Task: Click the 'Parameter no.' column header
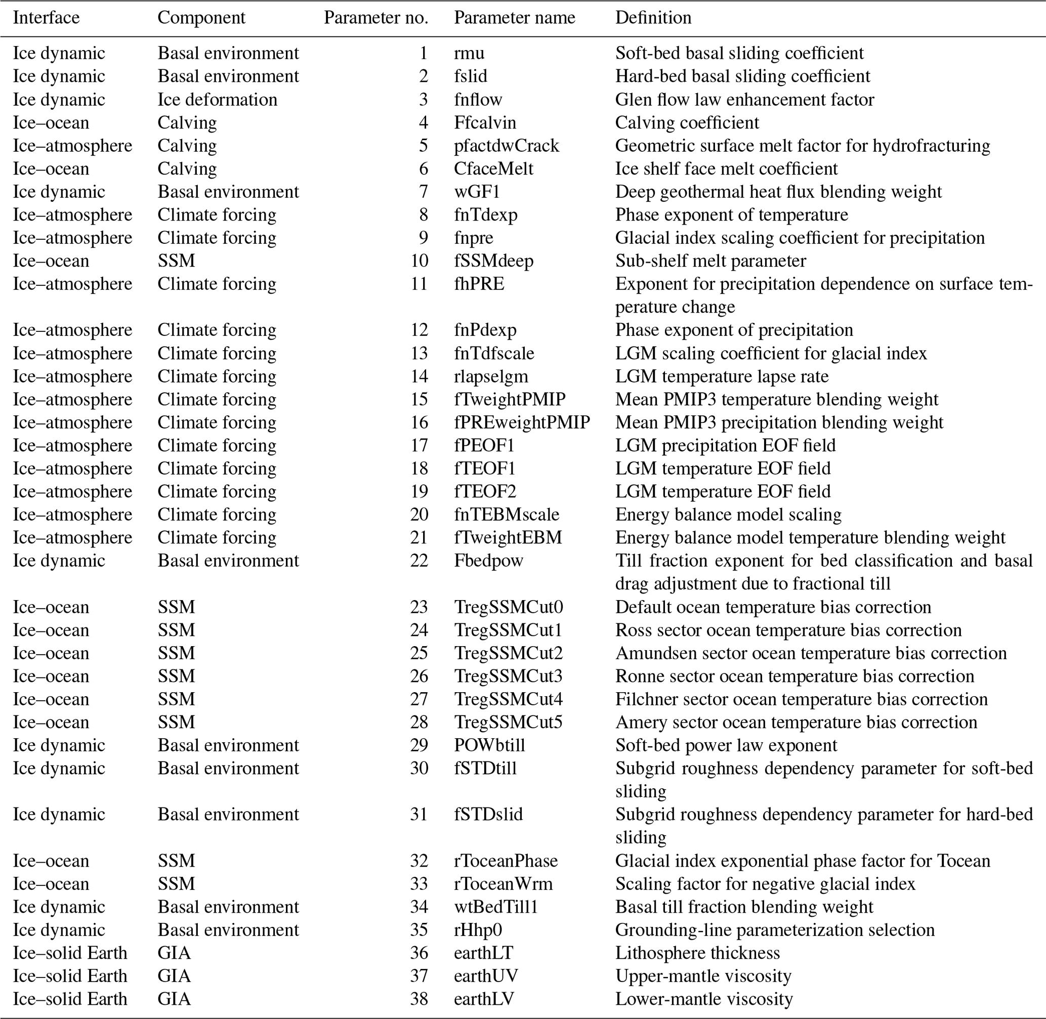376,18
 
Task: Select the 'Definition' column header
653,18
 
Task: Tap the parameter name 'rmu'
469,53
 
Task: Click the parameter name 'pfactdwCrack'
507,146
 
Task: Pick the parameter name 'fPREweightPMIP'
522,422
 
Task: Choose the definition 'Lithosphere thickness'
697,953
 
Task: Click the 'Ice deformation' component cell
217,100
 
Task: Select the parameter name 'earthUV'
486,975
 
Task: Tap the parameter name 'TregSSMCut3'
508,676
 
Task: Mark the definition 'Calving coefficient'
687,122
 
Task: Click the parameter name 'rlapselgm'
491,376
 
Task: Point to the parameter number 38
419,999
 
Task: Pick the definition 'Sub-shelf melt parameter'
710,261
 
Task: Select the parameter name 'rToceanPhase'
506,861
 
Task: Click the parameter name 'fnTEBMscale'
507,515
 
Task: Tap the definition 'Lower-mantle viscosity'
703,999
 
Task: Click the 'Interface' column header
46,18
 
